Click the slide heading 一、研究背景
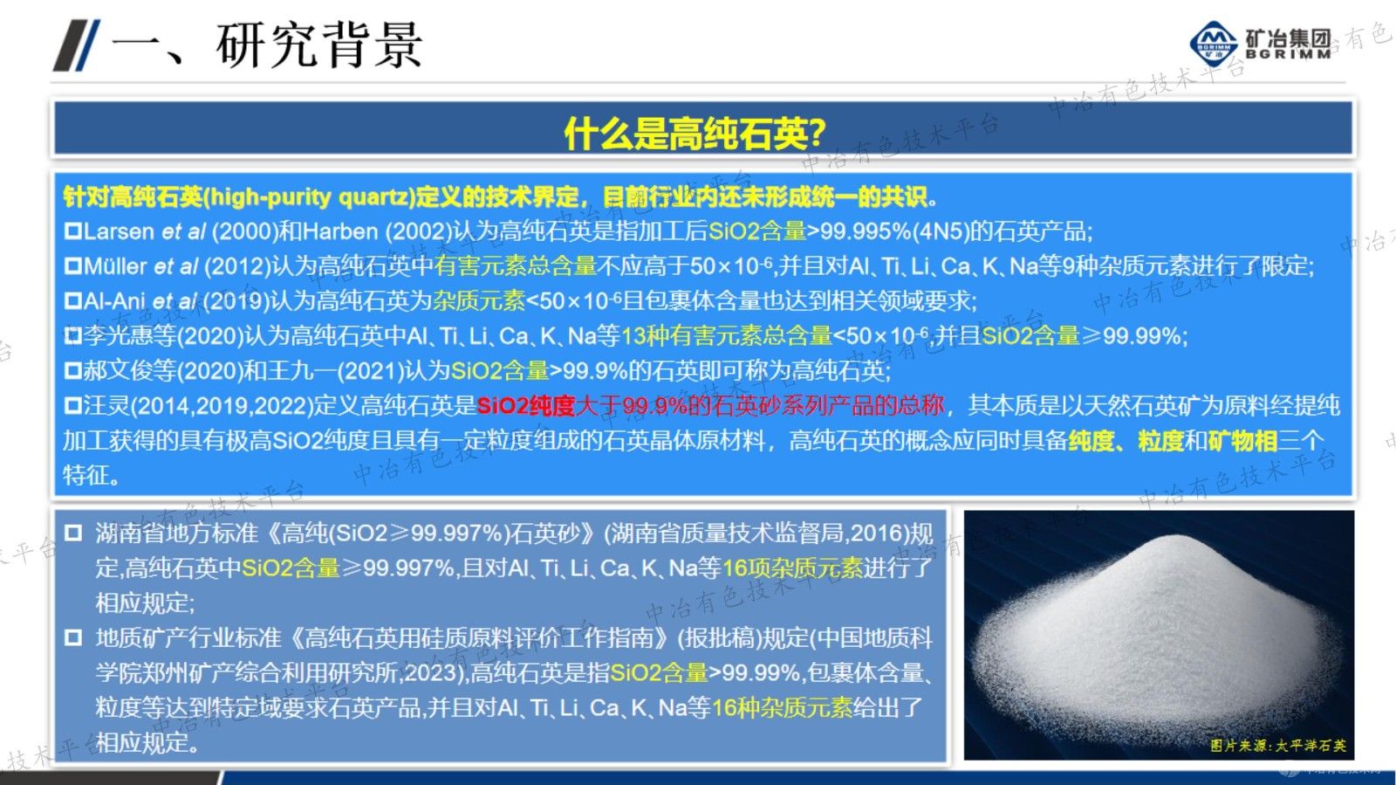pos(267,45)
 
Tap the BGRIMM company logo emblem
pos(1214,43)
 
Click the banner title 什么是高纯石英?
pos(695,133)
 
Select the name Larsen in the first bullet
pos(120,231)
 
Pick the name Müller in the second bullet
pos(115,266)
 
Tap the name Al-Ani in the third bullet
pos(114,301)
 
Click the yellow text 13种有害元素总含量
pos(726,336)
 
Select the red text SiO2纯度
pos(525,406)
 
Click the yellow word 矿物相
pos(1242,441)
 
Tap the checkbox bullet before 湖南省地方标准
pos(73,533)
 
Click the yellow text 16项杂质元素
pos(792,568)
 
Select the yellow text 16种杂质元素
pos(782,707)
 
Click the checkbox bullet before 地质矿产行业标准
pos(73,638)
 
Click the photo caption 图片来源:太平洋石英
pos(1277,746)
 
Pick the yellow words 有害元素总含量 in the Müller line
pos(516,266)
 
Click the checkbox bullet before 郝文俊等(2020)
pos(73,371)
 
